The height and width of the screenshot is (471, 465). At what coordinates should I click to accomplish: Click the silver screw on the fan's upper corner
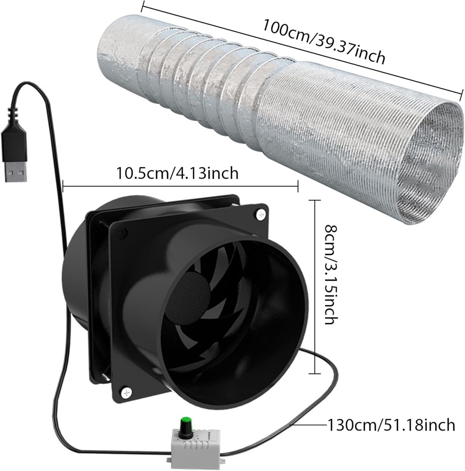point(262,214)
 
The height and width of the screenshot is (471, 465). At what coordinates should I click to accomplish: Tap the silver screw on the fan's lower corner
point(125,392)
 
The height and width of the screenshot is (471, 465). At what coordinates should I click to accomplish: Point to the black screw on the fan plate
point(121,233)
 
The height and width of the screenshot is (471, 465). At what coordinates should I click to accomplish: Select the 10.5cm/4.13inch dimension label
point(177,173)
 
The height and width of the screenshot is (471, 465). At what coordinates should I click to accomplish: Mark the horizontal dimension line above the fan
point(180,186)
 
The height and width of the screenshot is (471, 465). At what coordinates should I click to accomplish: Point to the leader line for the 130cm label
point(308,425)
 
